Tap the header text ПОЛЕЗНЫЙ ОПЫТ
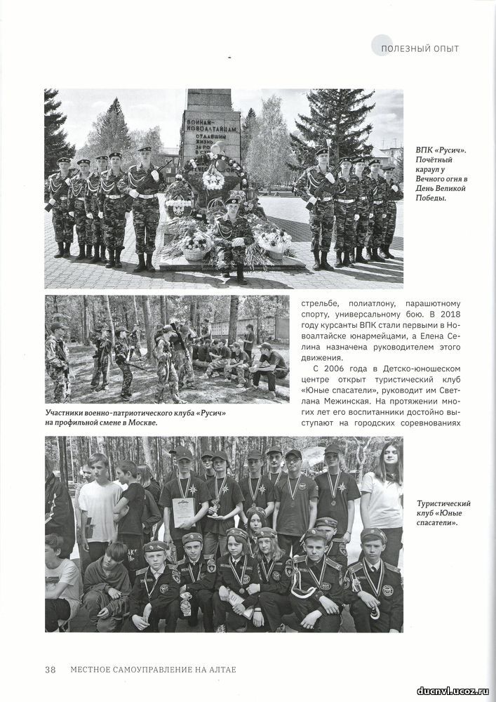point(420,48)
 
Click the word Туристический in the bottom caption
point(443,504)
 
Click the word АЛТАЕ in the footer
point(220,669)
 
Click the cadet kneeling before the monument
point(233,236)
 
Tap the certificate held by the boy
point(183,512)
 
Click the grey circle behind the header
point(382,44)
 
